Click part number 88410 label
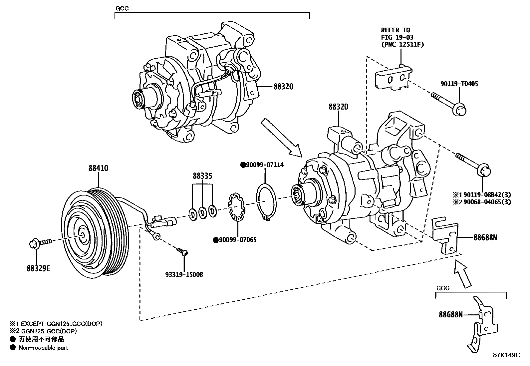tap(98, 169)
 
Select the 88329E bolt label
tap(39, 268)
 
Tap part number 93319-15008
tap(184, 275)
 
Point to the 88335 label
tap(202, 176)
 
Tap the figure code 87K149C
tap(506, 355)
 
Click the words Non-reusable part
tap(43, 348)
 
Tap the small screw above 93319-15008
tap(182, 251)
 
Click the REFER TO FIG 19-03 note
tap(402, 37)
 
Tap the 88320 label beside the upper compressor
tap(283, 87)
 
